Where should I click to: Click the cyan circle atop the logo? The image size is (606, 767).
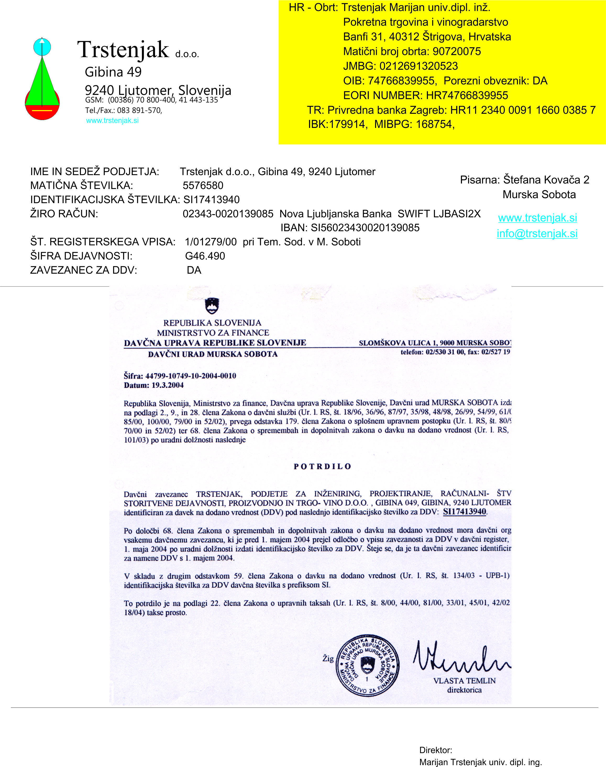click(x=42, y=47)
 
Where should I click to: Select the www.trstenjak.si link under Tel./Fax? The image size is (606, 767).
click(x=112, y=120)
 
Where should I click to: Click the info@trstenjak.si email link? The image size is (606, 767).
click(x=537, y=234)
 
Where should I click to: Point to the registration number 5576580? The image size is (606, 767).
click(x=203, y=185)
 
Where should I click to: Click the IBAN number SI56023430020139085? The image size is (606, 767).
click(x=365, y=228)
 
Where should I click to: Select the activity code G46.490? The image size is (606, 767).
click(x=205, y=256)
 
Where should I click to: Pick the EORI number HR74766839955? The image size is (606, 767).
click(x=467, y=95)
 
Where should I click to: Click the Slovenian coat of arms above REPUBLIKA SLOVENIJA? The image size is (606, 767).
click(x=212, y=306)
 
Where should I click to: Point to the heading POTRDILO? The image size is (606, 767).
click(x=322, y=466)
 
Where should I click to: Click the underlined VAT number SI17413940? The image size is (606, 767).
click(x=464, y=511)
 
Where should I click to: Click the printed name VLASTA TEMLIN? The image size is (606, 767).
click(x=464, y=680)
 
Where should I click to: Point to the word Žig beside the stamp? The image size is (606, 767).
click(x=328, y=658)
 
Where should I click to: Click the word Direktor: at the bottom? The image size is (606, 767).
click(x=435, y=750)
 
